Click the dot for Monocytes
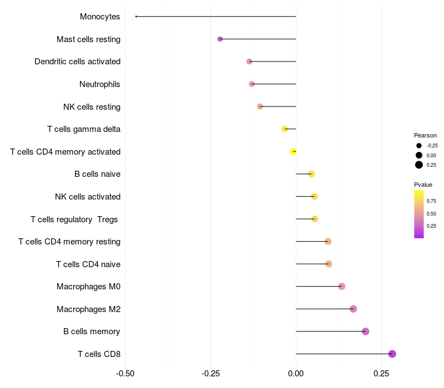[136, 17]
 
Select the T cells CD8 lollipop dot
[392, 354]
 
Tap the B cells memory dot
[365, 331]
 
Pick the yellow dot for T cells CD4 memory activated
[294, 151]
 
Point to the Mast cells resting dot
[220, 39]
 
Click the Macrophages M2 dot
[353, 309]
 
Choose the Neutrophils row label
[100, 84]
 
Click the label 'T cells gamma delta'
[84, 129]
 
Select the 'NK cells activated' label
[88, 197]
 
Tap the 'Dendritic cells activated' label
[78, 62]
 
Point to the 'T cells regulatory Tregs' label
[74, 219]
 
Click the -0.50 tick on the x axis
[125, 374]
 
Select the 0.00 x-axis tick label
[296, 374]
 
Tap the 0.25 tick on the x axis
[381, 374]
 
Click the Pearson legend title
[425, 135]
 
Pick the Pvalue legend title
[423, 185]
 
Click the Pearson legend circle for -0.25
[419, 145]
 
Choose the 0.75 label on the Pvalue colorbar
[431, 201]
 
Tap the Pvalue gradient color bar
[419, 214]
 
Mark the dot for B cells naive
[311, 174]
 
